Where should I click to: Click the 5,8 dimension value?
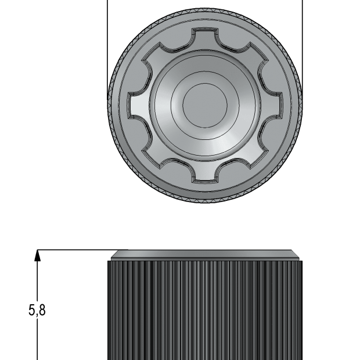coord(37,311)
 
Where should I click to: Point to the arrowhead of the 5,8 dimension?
coord(38,255)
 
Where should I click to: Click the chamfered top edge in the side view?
coord(204,255)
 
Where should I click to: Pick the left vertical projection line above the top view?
coord(108,35)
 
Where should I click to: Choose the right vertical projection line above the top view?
coord(302,35)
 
